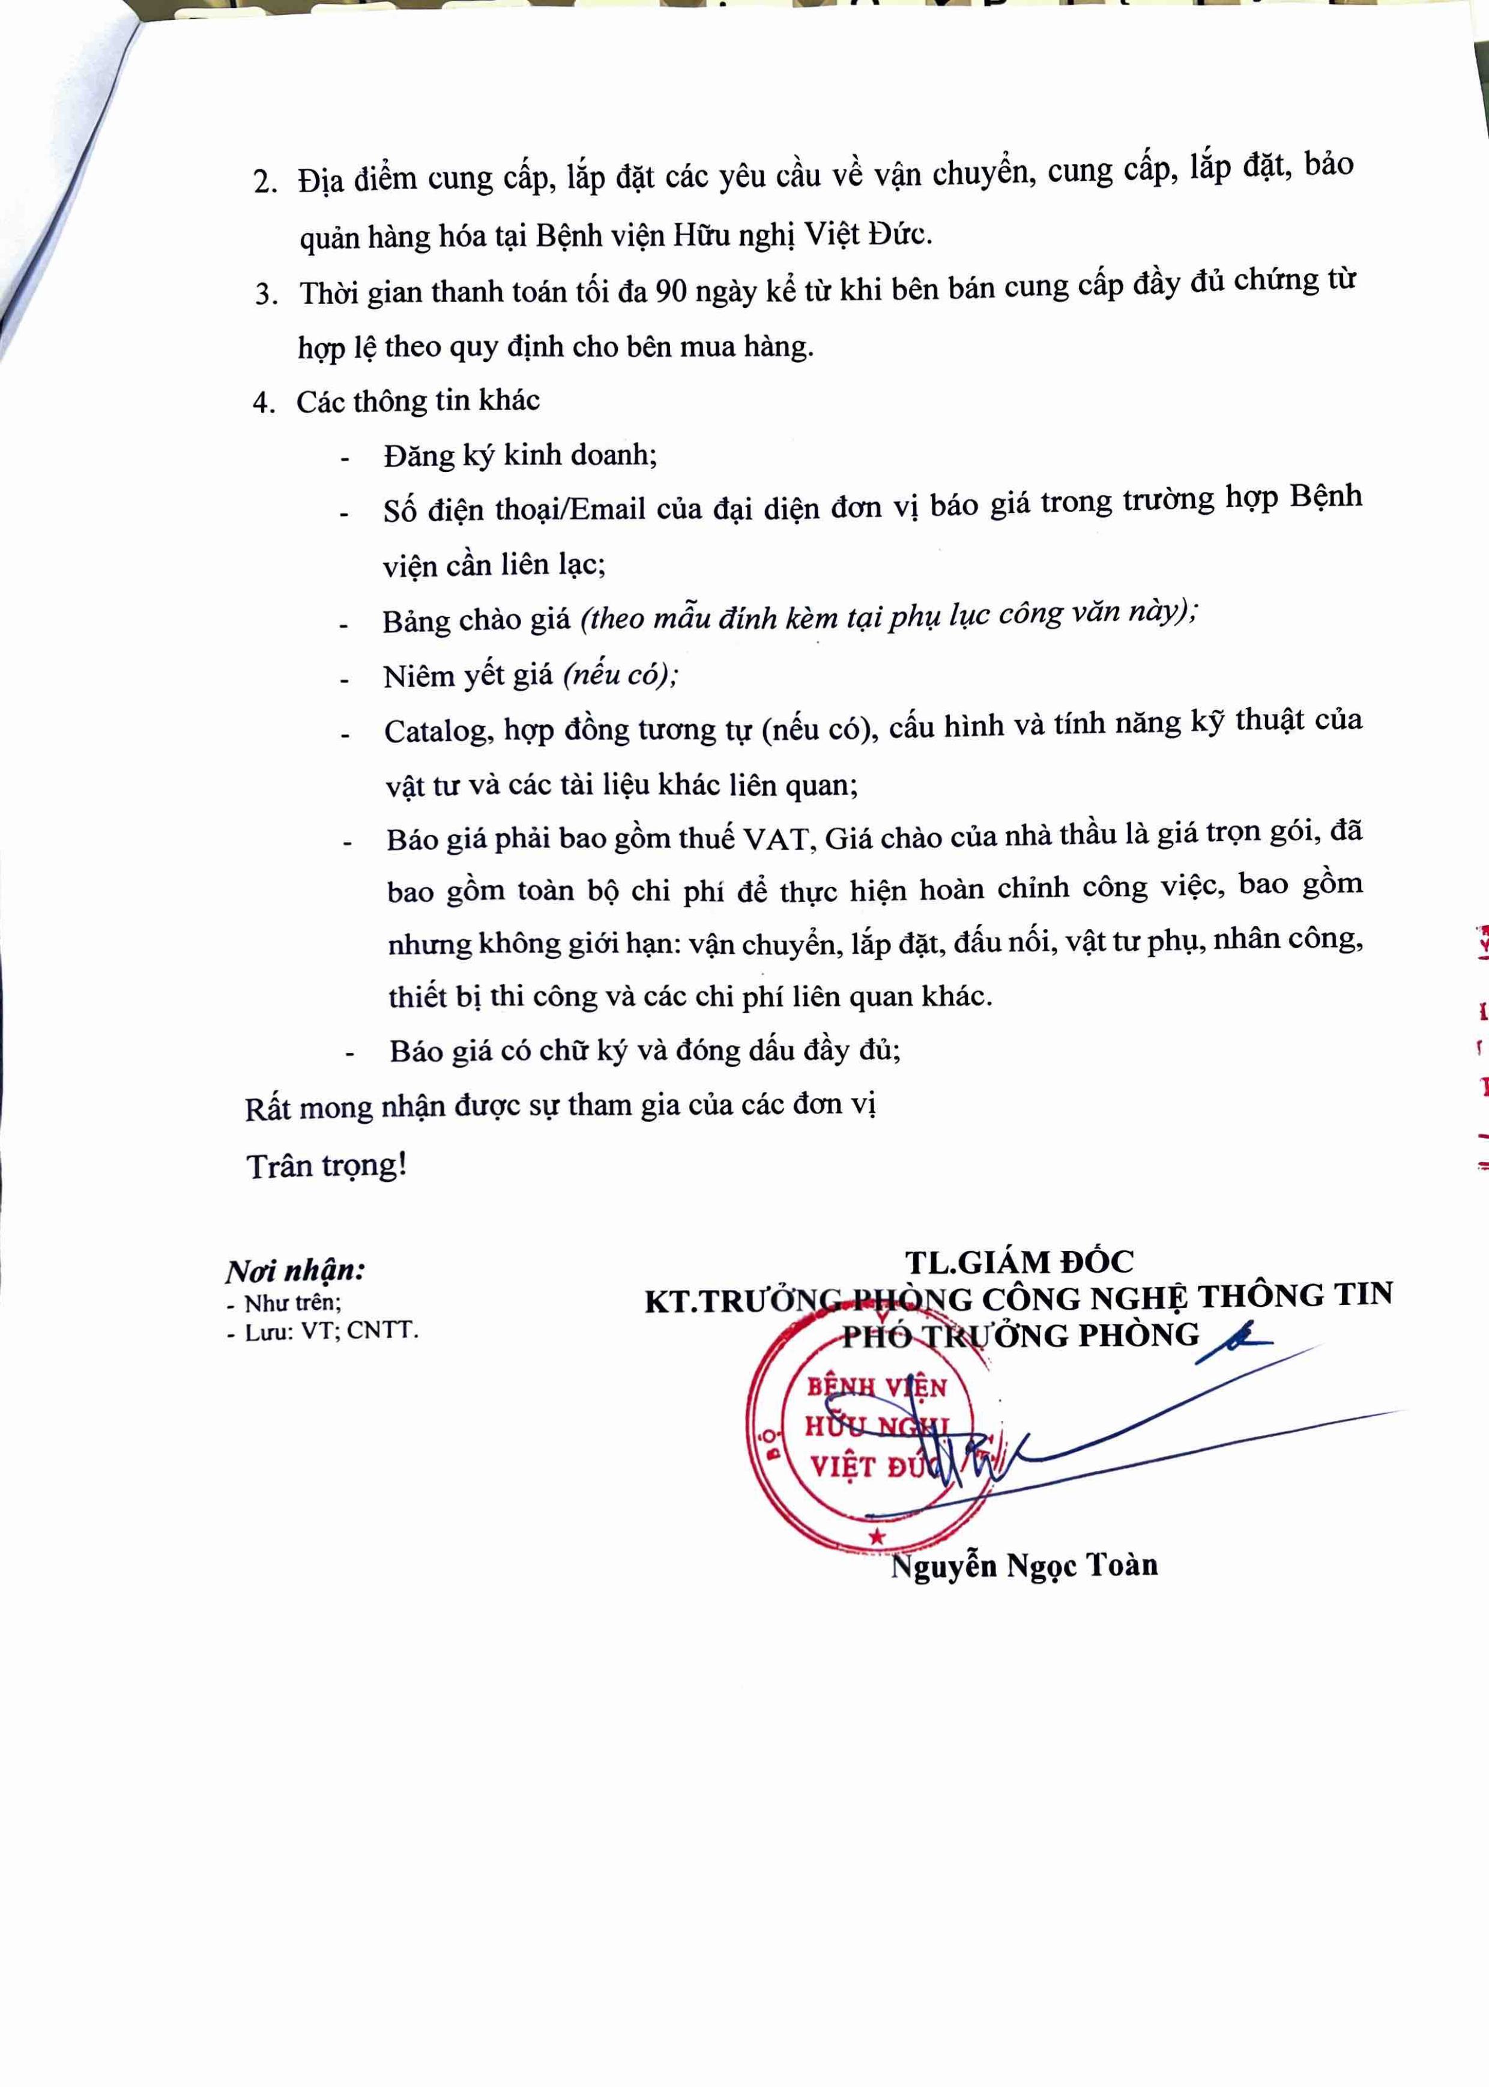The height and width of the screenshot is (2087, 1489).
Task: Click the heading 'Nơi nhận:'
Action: (295, 1271)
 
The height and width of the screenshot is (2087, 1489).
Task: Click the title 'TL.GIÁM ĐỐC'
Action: (1019, 1262)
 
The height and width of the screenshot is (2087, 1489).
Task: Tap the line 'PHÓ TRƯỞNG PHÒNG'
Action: (1019, 1335)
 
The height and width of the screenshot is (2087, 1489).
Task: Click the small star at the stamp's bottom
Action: (877, 1537)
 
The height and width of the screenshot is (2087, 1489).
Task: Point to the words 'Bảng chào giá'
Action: (476, 621)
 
